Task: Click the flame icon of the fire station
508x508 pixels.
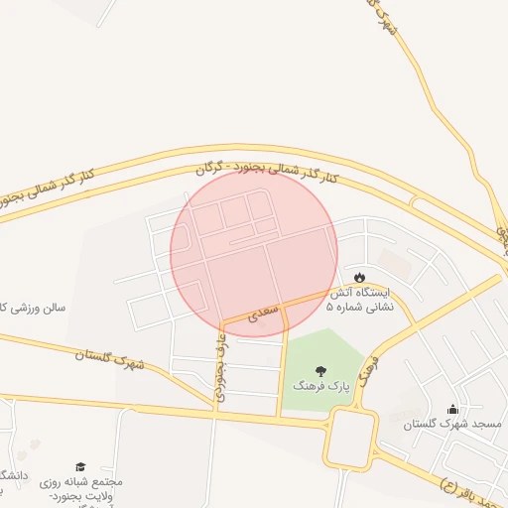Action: pos(359,275)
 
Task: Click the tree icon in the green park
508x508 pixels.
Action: pos(319,371)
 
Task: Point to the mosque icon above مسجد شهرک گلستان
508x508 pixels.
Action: pos(453,409)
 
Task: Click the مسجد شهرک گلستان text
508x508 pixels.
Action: pos(452,424)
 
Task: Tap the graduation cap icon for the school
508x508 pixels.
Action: pos(80,465)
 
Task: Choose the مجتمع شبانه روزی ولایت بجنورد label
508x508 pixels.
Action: pos(81,487)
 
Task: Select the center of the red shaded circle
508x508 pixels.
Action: pos(254,253)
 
